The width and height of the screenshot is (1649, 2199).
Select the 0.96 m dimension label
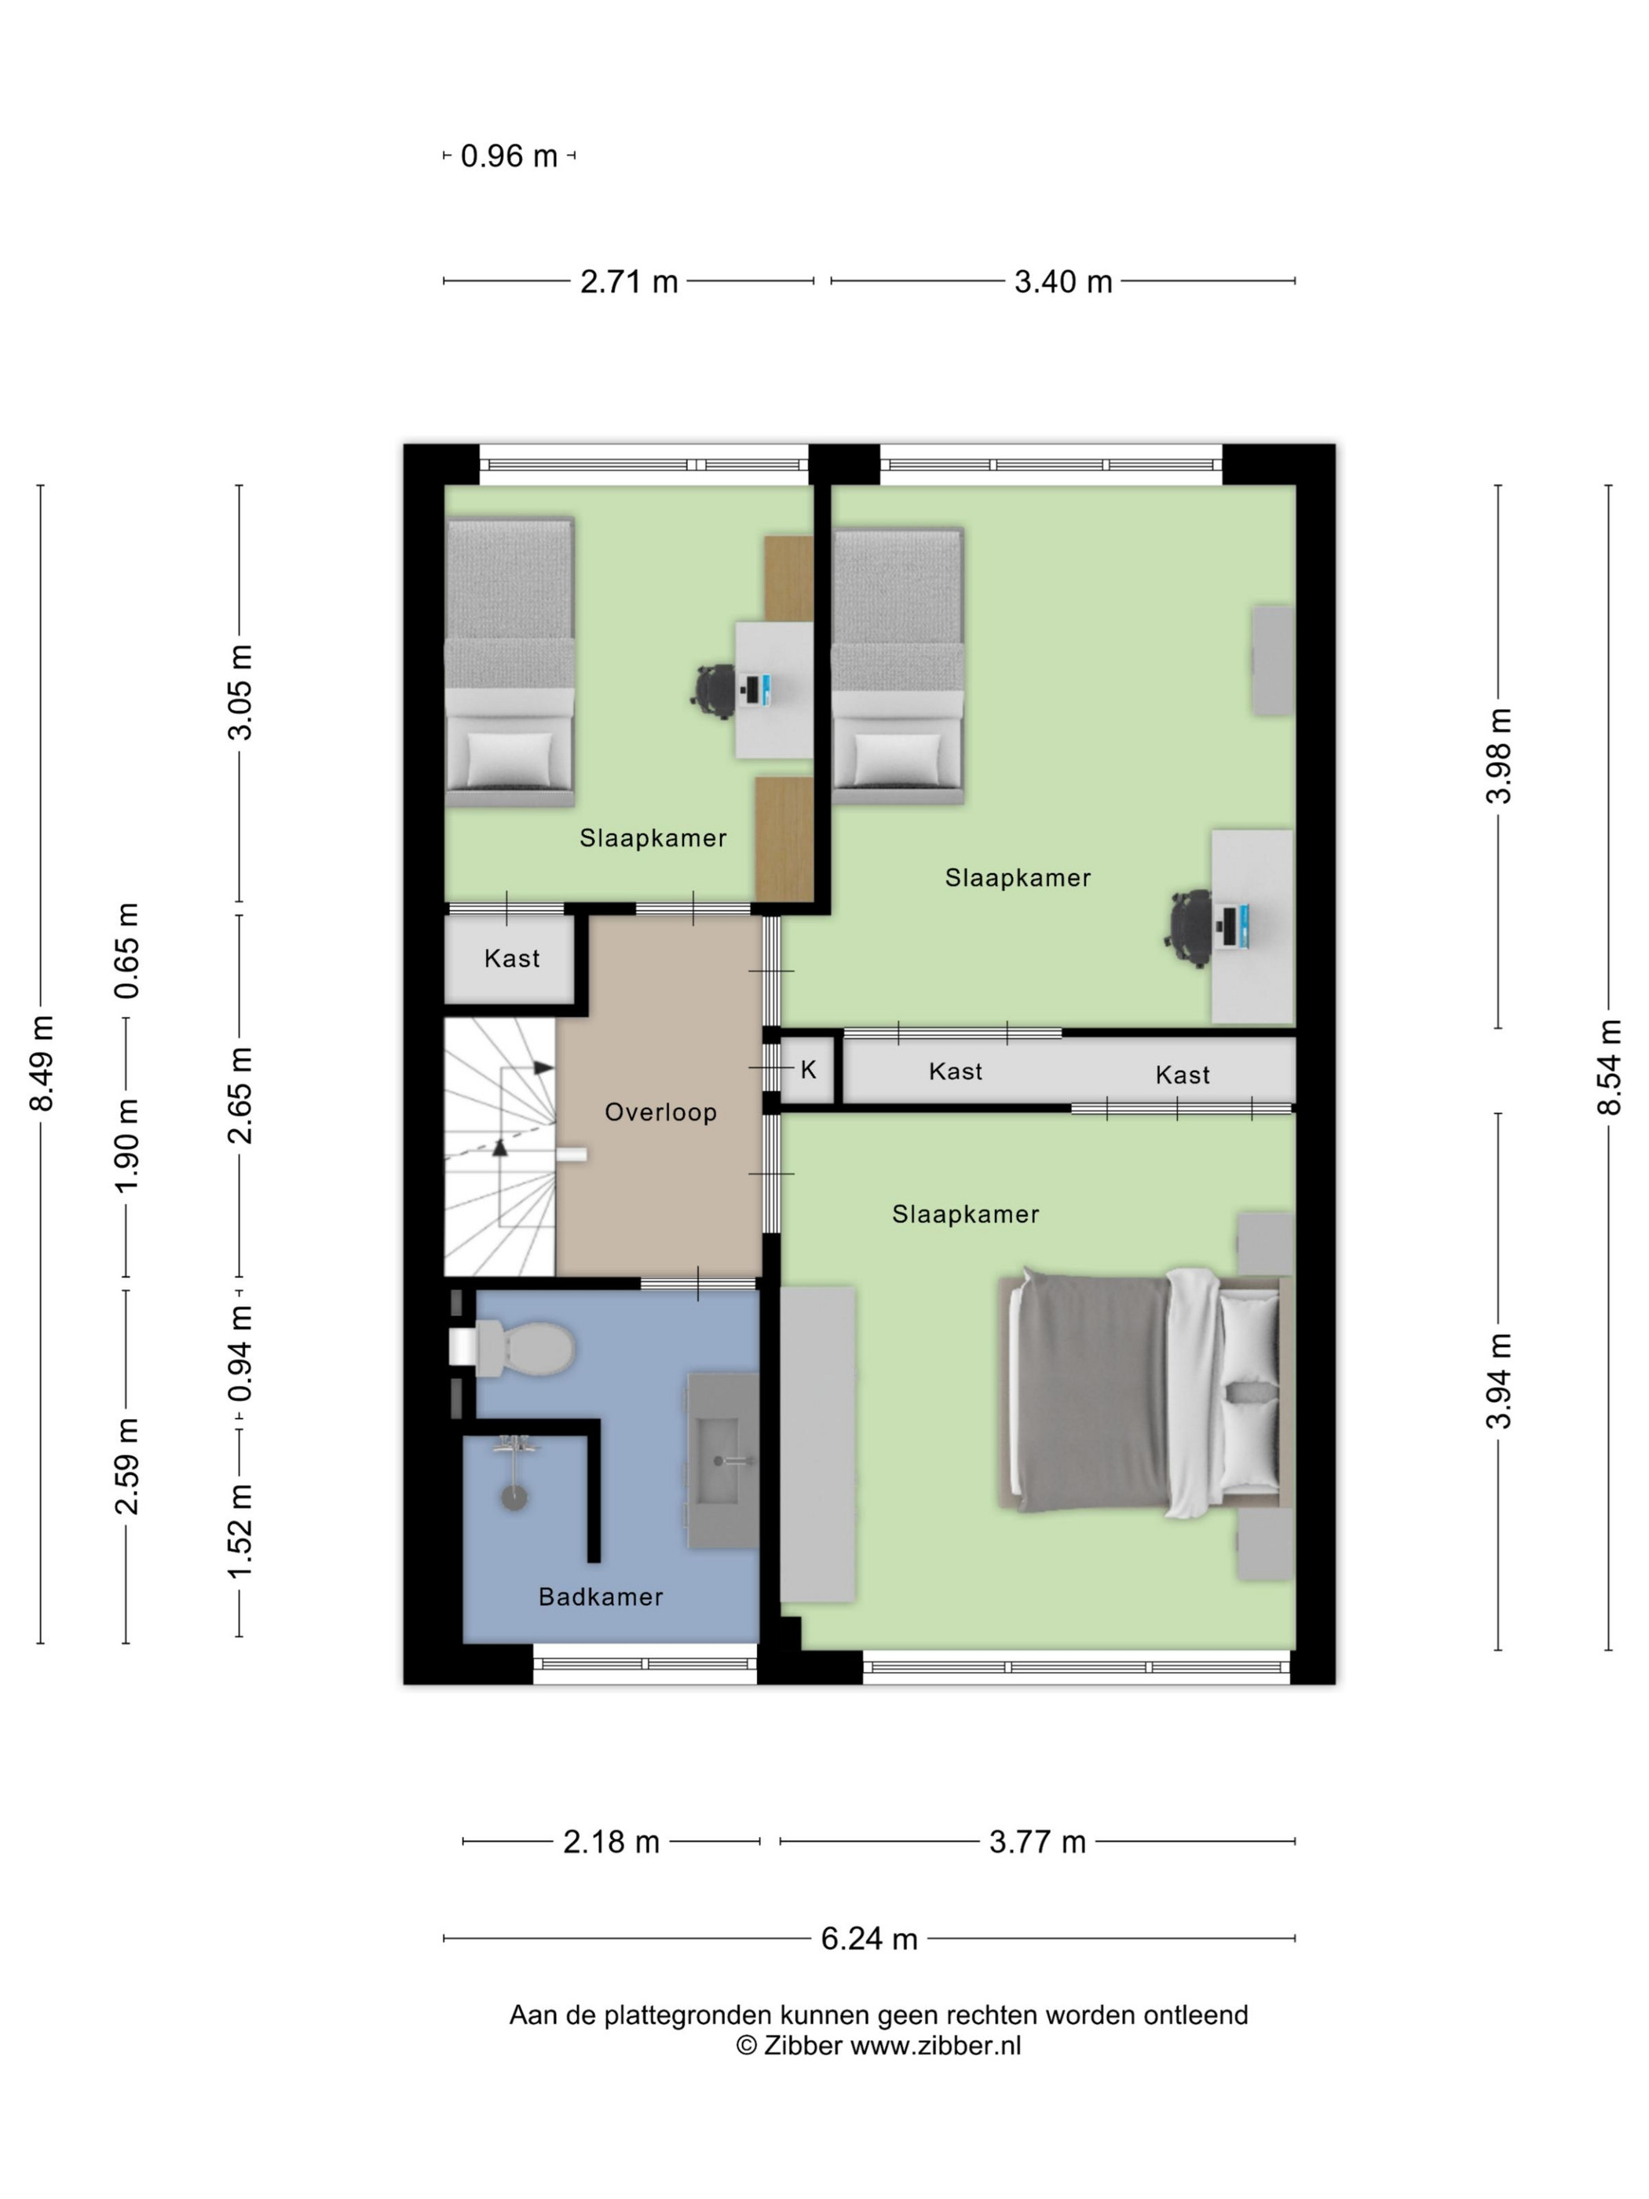(509, 156)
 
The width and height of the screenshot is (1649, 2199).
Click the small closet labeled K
(807, 1070)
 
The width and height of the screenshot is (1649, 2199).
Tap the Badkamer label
(601, 1597)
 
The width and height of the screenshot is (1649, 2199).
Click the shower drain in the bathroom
(513, 1498)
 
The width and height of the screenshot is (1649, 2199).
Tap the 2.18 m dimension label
(611, 1842)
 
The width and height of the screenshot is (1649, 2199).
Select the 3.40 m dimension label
(1062, 281)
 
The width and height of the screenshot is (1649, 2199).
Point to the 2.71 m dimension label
(629, 281)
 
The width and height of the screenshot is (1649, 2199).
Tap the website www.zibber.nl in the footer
(935, 2045)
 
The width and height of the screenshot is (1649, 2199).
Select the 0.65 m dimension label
(126, 951)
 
